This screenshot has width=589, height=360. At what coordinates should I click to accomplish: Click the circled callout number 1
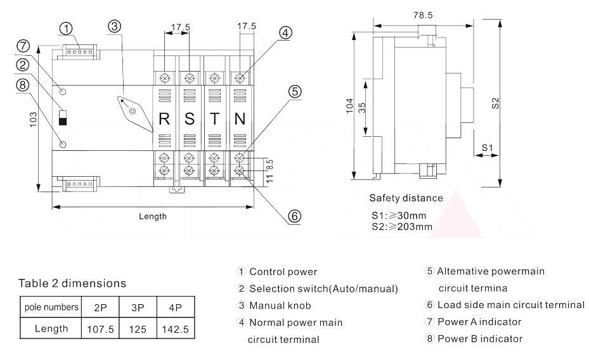click(x=67, y=28)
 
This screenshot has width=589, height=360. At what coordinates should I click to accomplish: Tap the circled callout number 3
click(x=114, y=27)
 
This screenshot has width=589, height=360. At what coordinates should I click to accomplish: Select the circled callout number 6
click(x=294, y=216)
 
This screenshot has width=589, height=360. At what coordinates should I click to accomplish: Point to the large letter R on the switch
click(x=164, y=119)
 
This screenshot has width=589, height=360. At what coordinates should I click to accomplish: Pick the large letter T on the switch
click(x=215, y=119)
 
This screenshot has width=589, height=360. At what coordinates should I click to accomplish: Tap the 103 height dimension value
click(x=34, y=119)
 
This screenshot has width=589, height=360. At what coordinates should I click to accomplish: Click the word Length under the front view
click(x=153, y=216)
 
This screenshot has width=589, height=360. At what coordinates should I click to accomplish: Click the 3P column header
click(x=138, y=307)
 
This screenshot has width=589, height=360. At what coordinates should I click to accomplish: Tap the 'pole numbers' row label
click(x=51, y=307)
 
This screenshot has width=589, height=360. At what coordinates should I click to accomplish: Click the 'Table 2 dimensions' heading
click(x=72, y=283)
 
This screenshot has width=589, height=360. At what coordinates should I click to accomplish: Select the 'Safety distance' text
click(x=406, y=198)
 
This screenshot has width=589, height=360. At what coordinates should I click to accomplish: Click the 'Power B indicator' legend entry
click(x=479, y=338)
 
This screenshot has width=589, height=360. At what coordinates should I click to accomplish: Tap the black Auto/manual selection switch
click(x=62, y=118)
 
